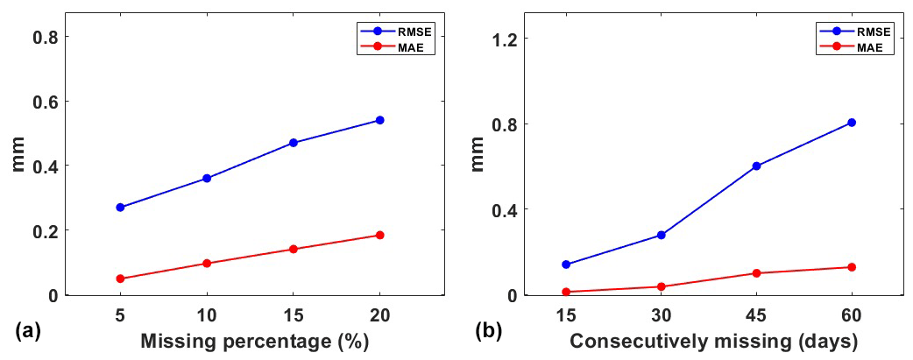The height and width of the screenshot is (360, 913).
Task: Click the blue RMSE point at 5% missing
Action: pos(120,208)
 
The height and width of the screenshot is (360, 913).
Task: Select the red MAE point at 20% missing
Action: pos(379,235)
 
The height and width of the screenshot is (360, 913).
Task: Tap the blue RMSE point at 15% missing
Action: pos(294,143)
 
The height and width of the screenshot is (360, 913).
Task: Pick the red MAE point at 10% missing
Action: pos(207,263)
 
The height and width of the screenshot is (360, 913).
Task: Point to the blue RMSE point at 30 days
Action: pos(661,235)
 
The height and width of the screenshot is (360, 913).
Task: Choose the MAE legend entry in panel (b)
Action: pos(876,48)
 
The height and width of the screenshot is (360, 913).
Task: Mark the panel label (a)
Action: pos(27,331)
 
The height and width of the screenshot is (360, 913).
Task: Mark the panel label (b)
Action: pos(488,331)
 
